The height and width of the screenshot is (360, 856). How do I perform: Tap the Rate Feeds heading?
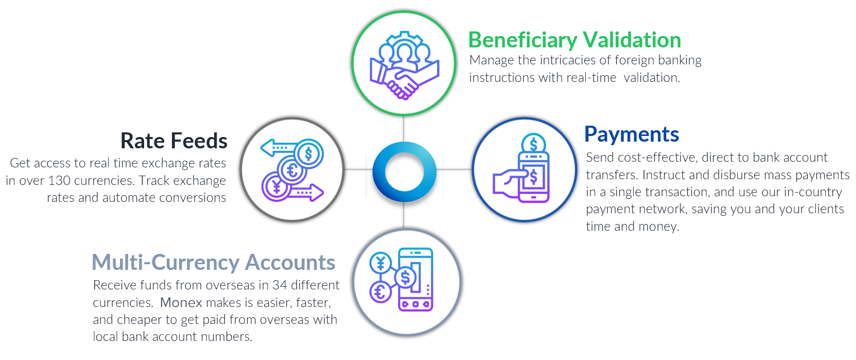click(x=174, y=141)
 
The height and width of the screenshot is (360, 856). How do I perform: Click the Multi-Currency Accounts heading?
click(x=214, y=263)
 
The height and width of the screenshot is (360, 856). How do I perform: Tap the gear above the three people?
click(x=404, y=38)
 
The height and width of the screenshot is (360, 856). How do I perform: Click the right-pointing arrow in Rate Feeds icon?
click(x=306, y=192)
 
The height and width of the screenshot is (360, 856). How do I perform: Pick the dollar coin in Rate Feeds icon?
click(x=309, y=154)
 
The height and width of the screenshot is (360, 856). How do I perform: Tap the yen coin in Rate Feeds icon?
click(x=276, y=186)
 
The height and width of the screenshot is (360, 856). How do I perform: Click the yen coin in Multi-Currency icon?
click(x=380, y=263)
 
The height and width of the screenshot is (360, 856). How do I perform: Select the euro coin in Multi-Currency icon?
click(x=380, y=293)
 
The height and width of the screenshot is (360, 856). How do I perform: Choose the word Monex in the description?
click(x=181, y=303)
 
